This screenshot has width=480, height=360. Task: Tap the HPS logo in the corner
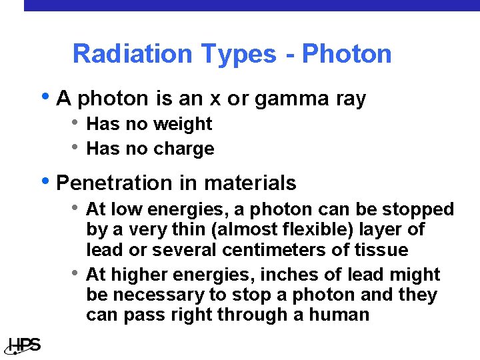[24, 345]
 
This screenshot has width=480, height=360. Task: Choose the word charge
[185, 149]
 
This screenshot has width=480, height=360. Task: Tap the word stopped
[418, 210]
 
